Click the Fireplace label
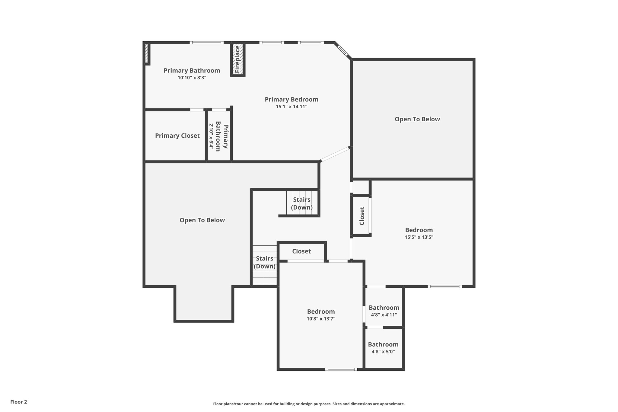237,59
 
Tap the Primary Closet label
177,136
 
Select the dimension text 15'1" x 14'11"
291,107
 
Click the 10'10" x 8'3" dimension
192,78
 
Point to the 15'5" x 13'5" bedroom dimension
419,237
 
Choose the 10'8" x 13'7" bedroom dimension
321,319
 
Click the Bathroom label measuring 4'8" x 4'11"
384,308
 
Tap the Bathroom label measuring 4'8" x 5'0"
383,344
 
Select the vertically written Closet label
362,216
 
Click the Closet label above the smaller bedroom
301,251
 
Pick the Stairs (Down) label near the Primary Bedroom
301,203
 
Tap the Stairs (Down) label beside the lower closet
264,262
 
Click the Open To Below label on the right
417,119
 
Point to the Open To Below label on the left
202,220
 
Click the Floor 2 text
19,402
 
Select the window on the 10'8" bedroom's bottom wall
341,369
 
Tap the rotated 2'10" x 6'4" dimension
211,136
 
